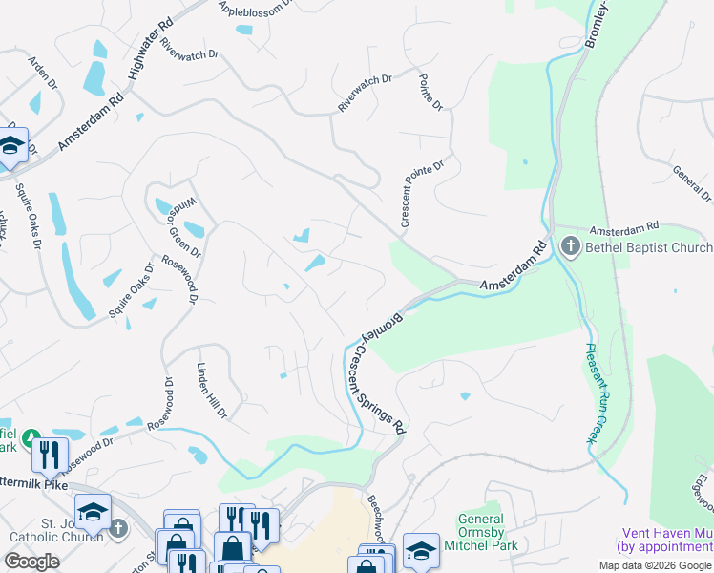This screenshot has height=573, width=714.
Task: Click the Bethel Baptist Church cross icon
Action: pyautogui.click(x=571, y=247)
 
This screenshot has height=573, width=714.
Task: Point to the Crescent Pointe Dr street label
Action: pyautogui.click(x=423, y=194)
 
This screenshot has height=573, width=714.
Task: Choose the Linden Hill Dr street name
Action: pyautogui.click(x=211, y=391)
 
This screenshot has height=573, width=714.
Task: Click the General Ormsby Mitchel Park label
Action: pyautogui.click(x=481, y=532)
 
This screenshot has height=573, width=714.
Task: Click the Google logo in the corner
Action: pyautogui.click(x=31, y=562)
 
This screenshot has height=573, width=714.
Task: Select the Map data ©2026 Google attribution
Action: pyautogui.click(x=655, y=565)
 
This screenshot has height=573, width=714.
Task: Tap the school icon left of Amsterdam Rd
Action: pyautogui.click(x=11, y=146)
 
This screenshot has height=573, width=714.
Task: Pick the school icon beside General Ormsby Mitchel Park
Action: pyautogui.click(x=420, y=550)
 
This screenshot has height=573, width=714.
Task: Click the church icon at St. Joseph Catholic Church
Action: pyautogui.click(x=117, y=527)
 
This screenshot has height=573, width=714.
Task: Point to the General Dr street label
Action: pyautogui.click(x=692, y=183)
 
